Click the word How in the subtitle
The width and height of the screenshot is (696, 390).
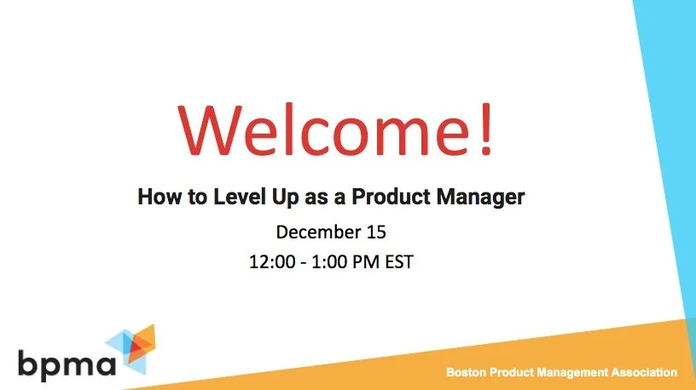(156, 198)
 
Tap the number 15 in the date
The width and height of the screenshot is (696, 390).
(376, 232)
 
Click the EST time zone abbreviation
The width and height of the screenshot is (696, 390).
(399, 261)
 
